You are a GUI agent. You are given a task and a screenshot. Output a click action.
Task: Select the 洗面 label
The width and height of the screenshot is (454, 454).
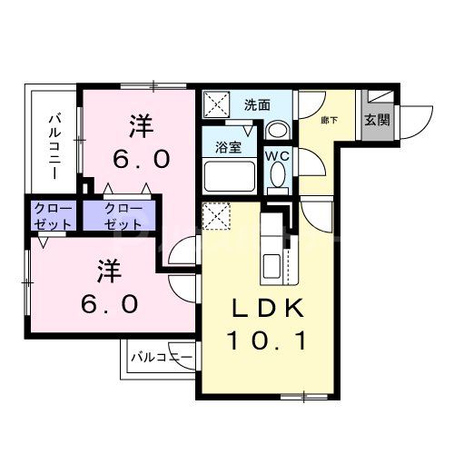point(257,104)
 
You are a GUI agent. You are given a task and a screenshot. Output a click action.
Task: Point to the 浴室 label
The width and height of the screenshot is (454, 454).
point(227,145)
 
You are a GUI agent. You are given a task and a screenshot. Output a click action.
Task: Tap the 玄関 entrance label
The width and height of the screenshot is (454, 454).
point(377,119)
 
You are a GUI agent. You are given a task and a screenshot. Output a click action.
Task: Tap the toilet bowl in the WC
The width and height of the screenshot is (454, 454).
point(277,180)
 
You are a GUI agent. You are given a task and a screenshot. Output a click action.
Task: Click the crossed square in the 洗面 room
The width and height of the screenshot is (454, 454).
point(215,104)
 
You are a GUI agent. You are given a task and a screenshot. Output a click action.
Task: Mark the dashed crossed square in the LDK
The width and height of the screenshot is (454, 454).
point(215,218)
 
